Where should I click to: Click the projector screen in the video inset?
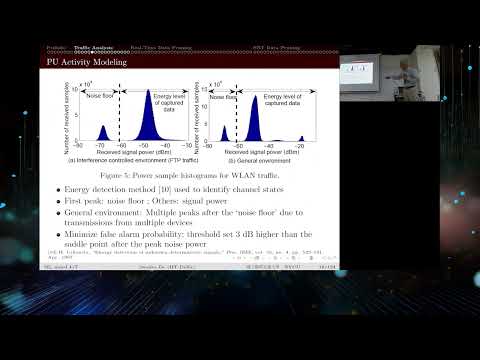pos(365,72)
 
